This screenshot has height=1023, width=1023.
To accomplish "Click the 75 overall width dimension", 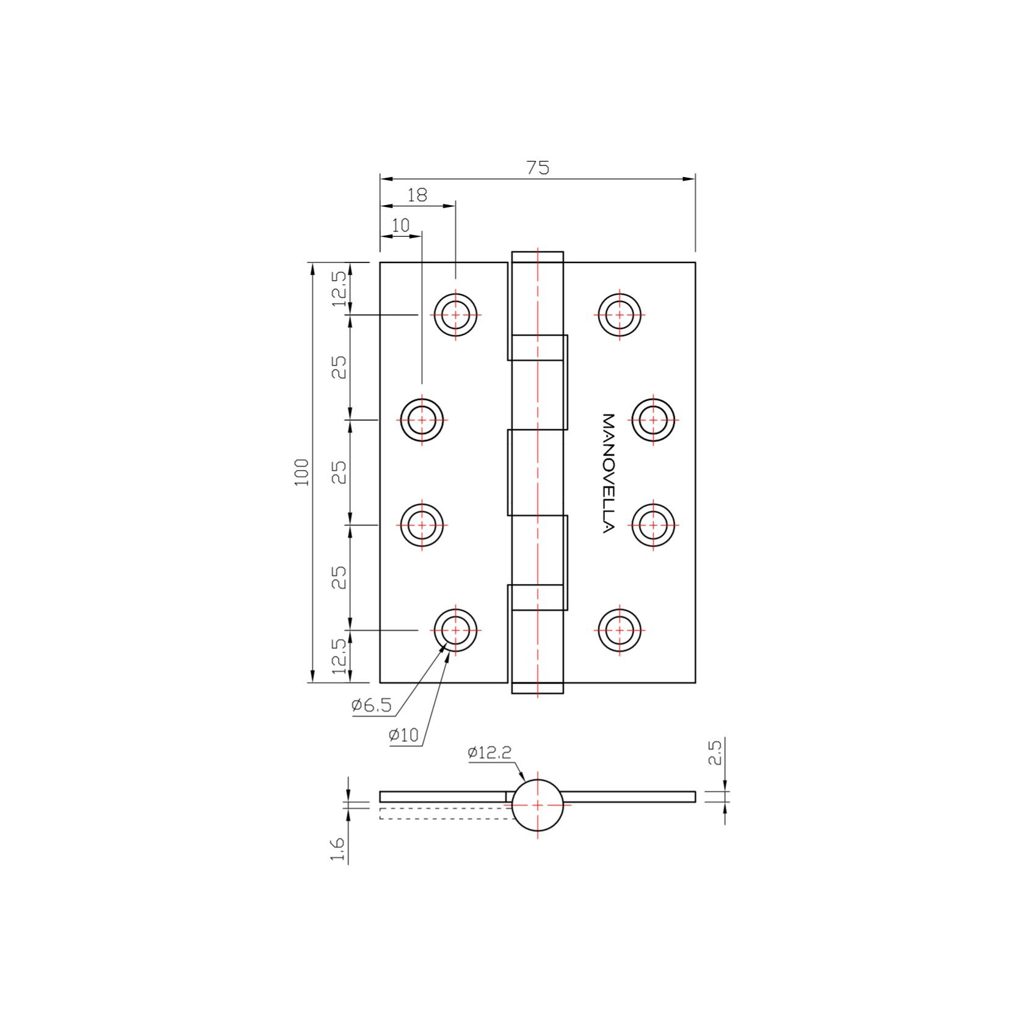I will coord(538,167).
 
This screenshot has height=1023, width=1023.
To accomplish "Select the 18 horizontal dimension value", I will coord(418,195).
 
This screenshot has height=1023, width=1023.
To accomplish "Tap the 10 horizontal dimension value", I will coord(400,225).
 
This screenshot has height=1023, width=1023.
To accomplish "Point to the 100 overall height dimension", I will coord(302,472).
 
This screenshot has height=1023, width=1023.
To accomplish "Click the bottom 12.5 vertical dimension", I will coord(339,656).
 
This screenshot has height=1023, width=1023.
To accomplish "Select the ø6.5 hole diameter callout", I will coord(371,706).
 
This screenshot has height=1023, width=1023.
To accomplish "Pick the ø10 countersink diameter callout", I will coord(403,735).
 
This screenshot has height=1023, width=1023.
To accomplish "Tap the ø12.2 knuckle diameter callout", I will coord(489,753).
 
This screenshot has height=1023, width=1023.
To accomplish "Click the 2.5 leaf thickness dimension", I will coord(715,753).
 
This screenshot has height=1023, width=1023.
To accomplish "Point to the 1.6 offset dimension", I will coord(338,850).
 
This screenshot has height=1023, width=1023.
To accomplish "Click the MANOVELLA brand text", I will coord(608,473).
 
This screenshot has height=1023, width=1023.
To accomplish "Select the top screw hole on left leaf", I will coord(455,315).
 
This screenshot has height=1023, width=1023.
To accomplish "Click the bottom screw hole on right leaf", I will coord(620,630).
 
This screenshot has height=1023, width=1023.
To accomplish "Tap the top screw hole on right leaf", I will coord(620,315).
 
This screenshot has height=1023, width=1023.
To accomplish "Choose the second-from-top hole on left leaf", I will coord(422,420).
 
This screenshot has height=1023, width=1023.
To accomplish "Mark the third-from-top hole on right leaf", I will coord(653,524).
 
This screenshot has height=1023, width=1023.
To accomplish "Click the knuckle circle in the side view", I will coord(537,805).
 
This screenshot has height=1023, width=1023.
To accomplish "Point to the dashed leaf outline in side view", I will coord(443,813).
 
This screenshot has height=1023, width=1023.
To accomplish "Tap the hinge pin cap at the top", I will coord(537,256).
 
